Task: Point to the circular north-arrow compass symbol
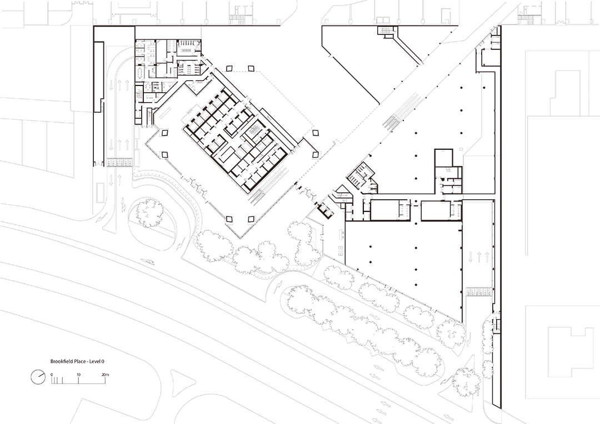pyautogui.click(x=38, y=377)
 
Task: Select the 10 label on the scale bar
pyautogui.click(x=78, y=375)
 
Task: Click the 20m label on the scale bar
pyautogui.click(x=106, y=375)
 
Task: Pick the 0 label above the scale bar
pyautogui.click(x=52, y=375)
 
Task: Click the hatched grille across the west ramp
pyautogui.click(x=118, y=162)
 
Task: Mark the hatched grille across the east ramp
pyautogui.click(x=477, y=291)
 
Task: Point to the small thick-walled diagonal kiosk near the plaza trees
pyautogui.click(x=322, y=209)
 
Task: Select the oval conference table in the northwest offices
pyautogui.click(x=139, y=72)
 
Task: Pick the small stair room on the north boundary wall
pyautogui.click(x=384, y=30)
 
